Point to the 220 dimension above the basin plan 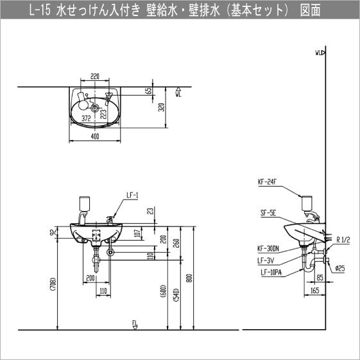[95, 76]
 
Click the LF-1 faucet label [132, 196]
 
